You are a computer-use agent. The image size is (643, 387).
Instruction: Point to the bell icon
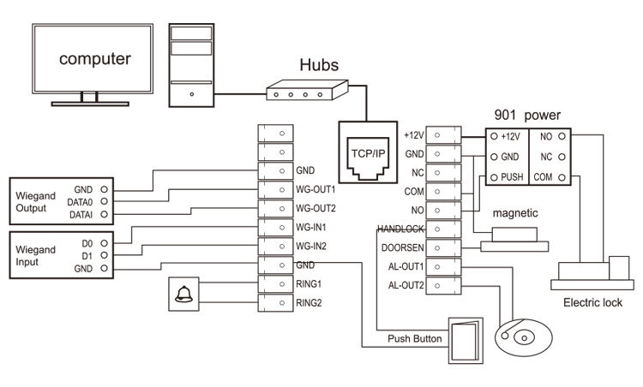tap(183, 295)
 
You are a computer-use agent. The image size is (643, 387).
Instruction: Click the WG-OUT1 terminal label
tap(315, 189)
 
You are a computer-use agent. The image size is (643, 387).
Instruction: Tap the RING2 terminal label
tap(309, 302)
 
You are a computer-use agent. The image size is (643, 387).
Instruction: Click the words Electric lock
tap(592, 302)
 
